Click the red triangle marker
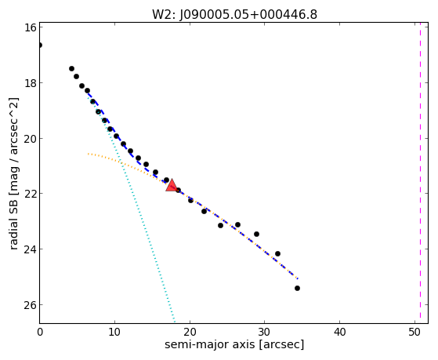(x=172, y=186)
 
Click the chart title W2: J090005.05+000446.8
(x=234, y=14)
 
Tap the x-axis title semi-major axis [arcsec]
(x=234, y=344)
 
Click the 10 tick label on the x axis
(x=114, y=332)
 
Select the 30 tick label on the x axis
(x=264, y=332)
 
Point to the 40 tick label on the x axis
(x=339, y=332)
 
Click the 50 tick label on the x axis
(x=414, y=332)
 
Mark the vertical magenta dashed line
(x=420, y=173)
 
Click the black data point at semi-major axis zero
(x=40, y=45)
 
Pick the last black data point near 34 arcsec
(x=297, y=288)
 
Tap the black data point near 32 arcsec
(x=277, y=253)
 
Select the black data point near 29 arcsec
(x=256, y=234)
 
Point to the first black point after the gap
(x=71, y=68)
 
